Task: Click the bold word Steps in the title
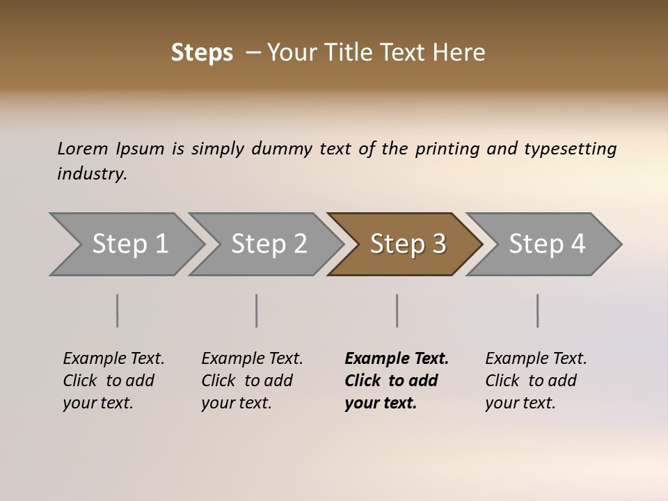point(202,53)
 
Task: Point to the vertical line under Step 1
point(118,310)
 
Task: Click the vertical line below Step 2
point(257,310)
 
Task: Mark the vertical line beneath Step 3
point(397,310)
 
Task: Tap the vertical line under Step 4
point(538,310)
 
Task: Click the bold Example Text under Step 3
point(396,381)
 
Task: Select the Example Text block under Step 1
point(113,381)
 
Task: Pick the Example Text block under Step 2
point(252,381)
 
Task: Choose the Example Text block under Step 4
point(536,381)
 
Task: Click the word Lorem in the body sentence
point(83,149)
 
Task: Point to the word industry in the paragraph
point(92,174)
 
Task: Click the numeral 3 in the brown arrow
point(438,244)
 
